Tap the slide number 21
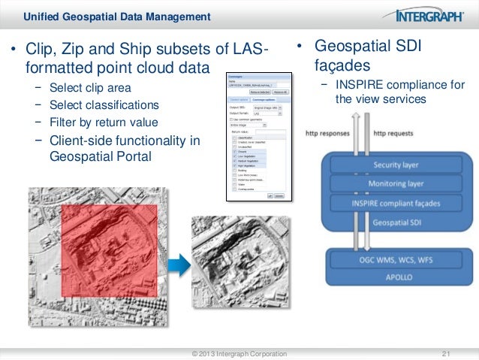[448, 352]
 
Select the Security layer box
[397, 164]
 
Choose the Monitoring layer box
[397, 183]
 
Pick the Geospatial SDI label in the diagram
[397, 223]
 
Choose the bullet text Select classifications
[104, 105]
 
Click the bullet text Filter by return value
[103, 122]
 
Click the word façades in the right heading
[342, 65]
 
